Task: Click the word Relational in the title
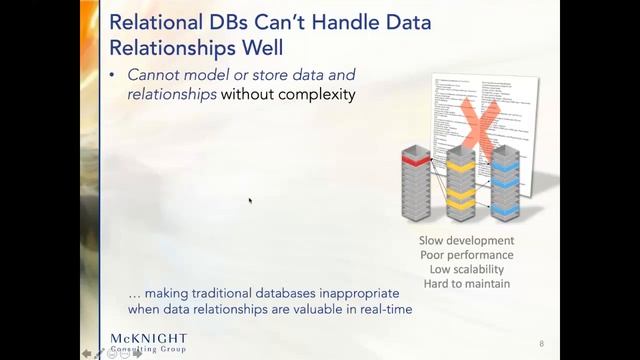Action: [x=153, y=22]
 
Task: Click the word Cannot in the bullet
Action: [x=153, y=76]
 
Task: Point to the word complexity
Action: [x=317, y=96]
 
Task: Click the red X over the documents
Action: [x=482, y=127]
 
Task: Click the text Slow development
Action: [x=467, y=241]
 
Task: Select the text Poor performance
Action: [x=467, y=255]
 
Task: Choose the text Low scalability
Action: [x=467, y=269]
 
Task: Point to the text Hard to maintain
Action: [x=467, y=283]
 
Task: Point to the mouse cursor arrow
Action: [x=250, y=201]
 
